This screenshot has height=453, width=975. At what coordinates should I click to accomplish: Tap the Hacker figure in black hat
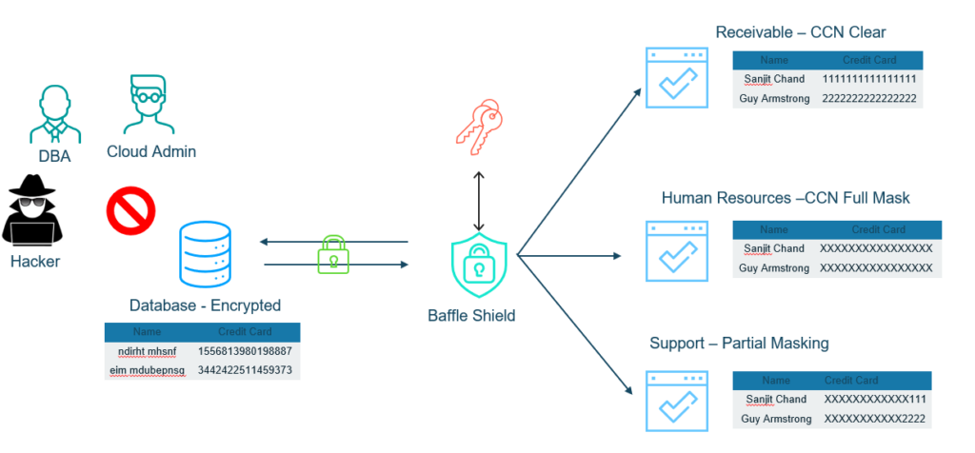(31, 211)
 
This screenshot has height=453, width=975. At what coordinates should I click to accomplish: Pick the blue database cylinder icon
(205, 256)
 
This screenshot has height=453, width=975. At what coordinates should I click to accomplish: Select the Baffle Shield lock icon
(478, 266)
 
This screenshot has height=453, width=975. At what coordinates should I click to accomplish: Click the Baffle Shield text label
(471, 315)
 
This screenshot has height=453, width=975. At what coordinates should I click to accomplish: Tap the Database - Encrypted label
(205, 305)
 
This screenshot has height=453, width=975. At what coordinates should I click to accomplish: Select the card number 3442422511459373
(245, 369)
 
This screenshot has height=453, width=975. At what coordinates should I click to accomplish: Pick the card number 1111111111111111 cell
(868, 79)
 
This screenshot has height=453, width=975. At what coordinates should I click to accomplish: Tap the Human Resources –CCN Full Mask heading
(786, 199)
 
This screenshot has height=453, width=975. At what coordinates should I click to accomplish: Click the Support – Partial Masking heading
(739, 343)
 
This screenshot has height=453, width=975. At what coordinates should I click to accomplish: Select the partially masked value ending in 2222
(875, 419)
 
